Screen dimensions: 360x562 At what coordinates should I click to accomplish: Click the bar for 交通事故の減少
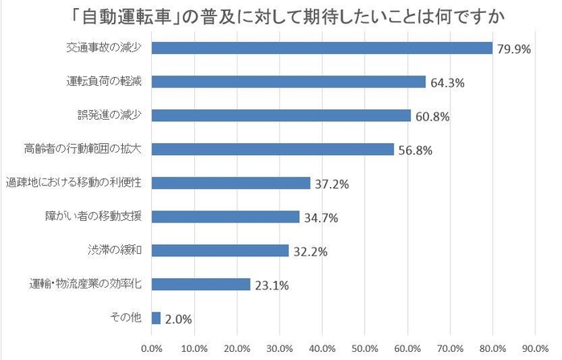pos(321,48)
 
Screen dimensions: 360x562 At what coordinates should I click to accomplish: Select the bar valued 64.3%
pos(288,82)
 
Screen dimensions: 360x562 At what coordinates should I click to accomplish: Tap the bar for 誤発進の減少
pos(281,116)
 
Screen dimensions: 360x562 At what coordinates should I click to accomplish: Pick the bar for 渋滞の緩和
pos(220,251)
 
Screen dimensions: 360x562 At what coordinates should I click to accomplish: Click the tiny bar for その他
pos(156,317)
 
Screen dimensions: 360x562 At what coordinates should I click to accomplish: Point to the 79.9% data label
pos(515,49)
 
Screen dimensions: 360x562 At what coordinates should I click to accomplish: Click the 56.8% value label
pos(416,150)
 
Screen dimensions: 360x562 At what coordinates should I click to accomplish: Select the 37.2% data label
pos(332,184)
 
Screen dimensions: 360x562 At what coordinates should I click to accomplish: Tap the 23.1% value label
pos(272,284)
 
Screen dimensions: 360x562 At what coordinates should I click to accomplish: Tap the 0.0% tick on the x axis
pos(152,349)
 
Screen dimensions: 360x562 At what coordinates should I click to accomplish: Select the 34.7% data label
pos(321,218)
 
